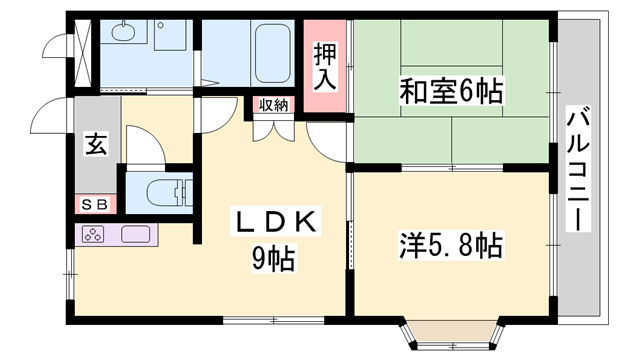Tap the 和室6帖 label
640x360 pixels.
pyautogui.click(x=451, y=94)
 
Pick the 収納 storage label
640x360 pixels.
pyautogui.click(x=275, y=104)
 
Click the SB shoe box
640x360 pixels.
pyautogui.click(x=96, y=205)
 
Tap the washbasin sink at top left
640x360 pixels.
pyautogui.click(x=124, y=34)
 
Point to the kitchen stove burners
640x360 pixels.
pyautogui.click(x=94, y=237)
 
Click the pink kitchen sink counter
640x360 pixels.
pyautogui.click(x=135, y=237)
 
